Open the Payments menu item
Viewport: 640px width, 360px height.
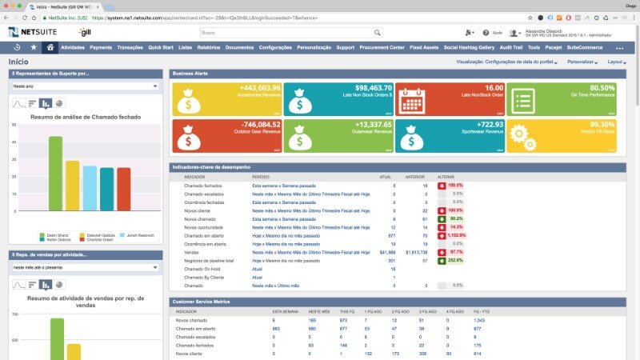tap(101, 47)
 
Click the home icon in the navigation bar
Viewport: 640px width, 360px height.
tap(50, 47)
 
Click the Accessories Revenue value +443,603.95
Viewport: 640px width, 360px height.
tap(259, 88)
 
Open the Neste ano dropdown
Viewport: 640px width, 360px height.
tap(85, 86)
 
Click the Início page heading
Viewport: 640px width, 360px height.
tap(18, 62)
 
